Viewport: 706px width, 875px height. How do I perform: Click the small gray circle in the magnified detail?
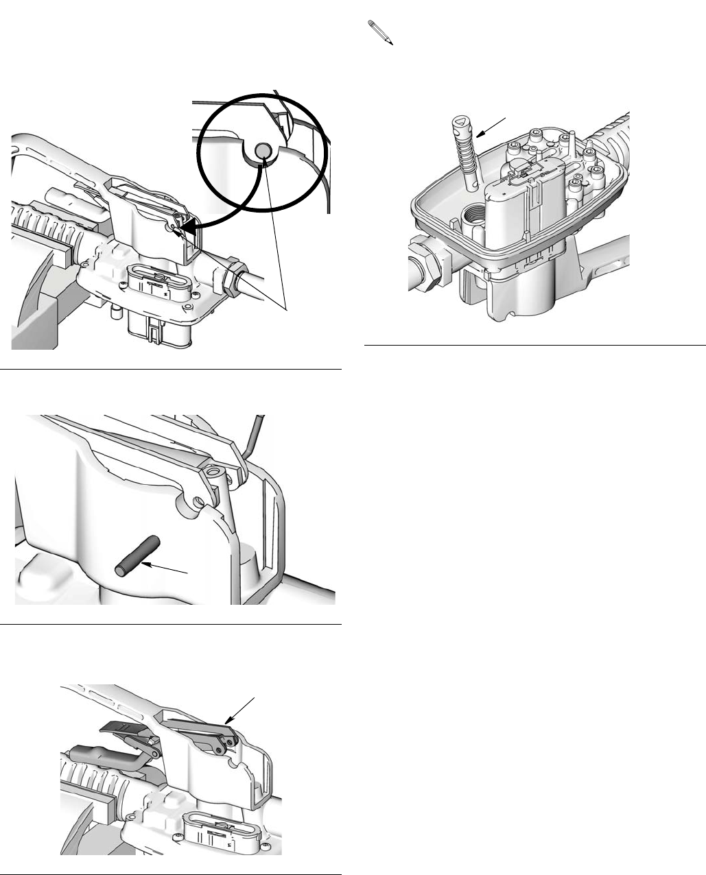261,151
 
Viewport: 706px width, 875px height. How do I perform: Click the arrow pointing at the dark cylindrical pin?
165,567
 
